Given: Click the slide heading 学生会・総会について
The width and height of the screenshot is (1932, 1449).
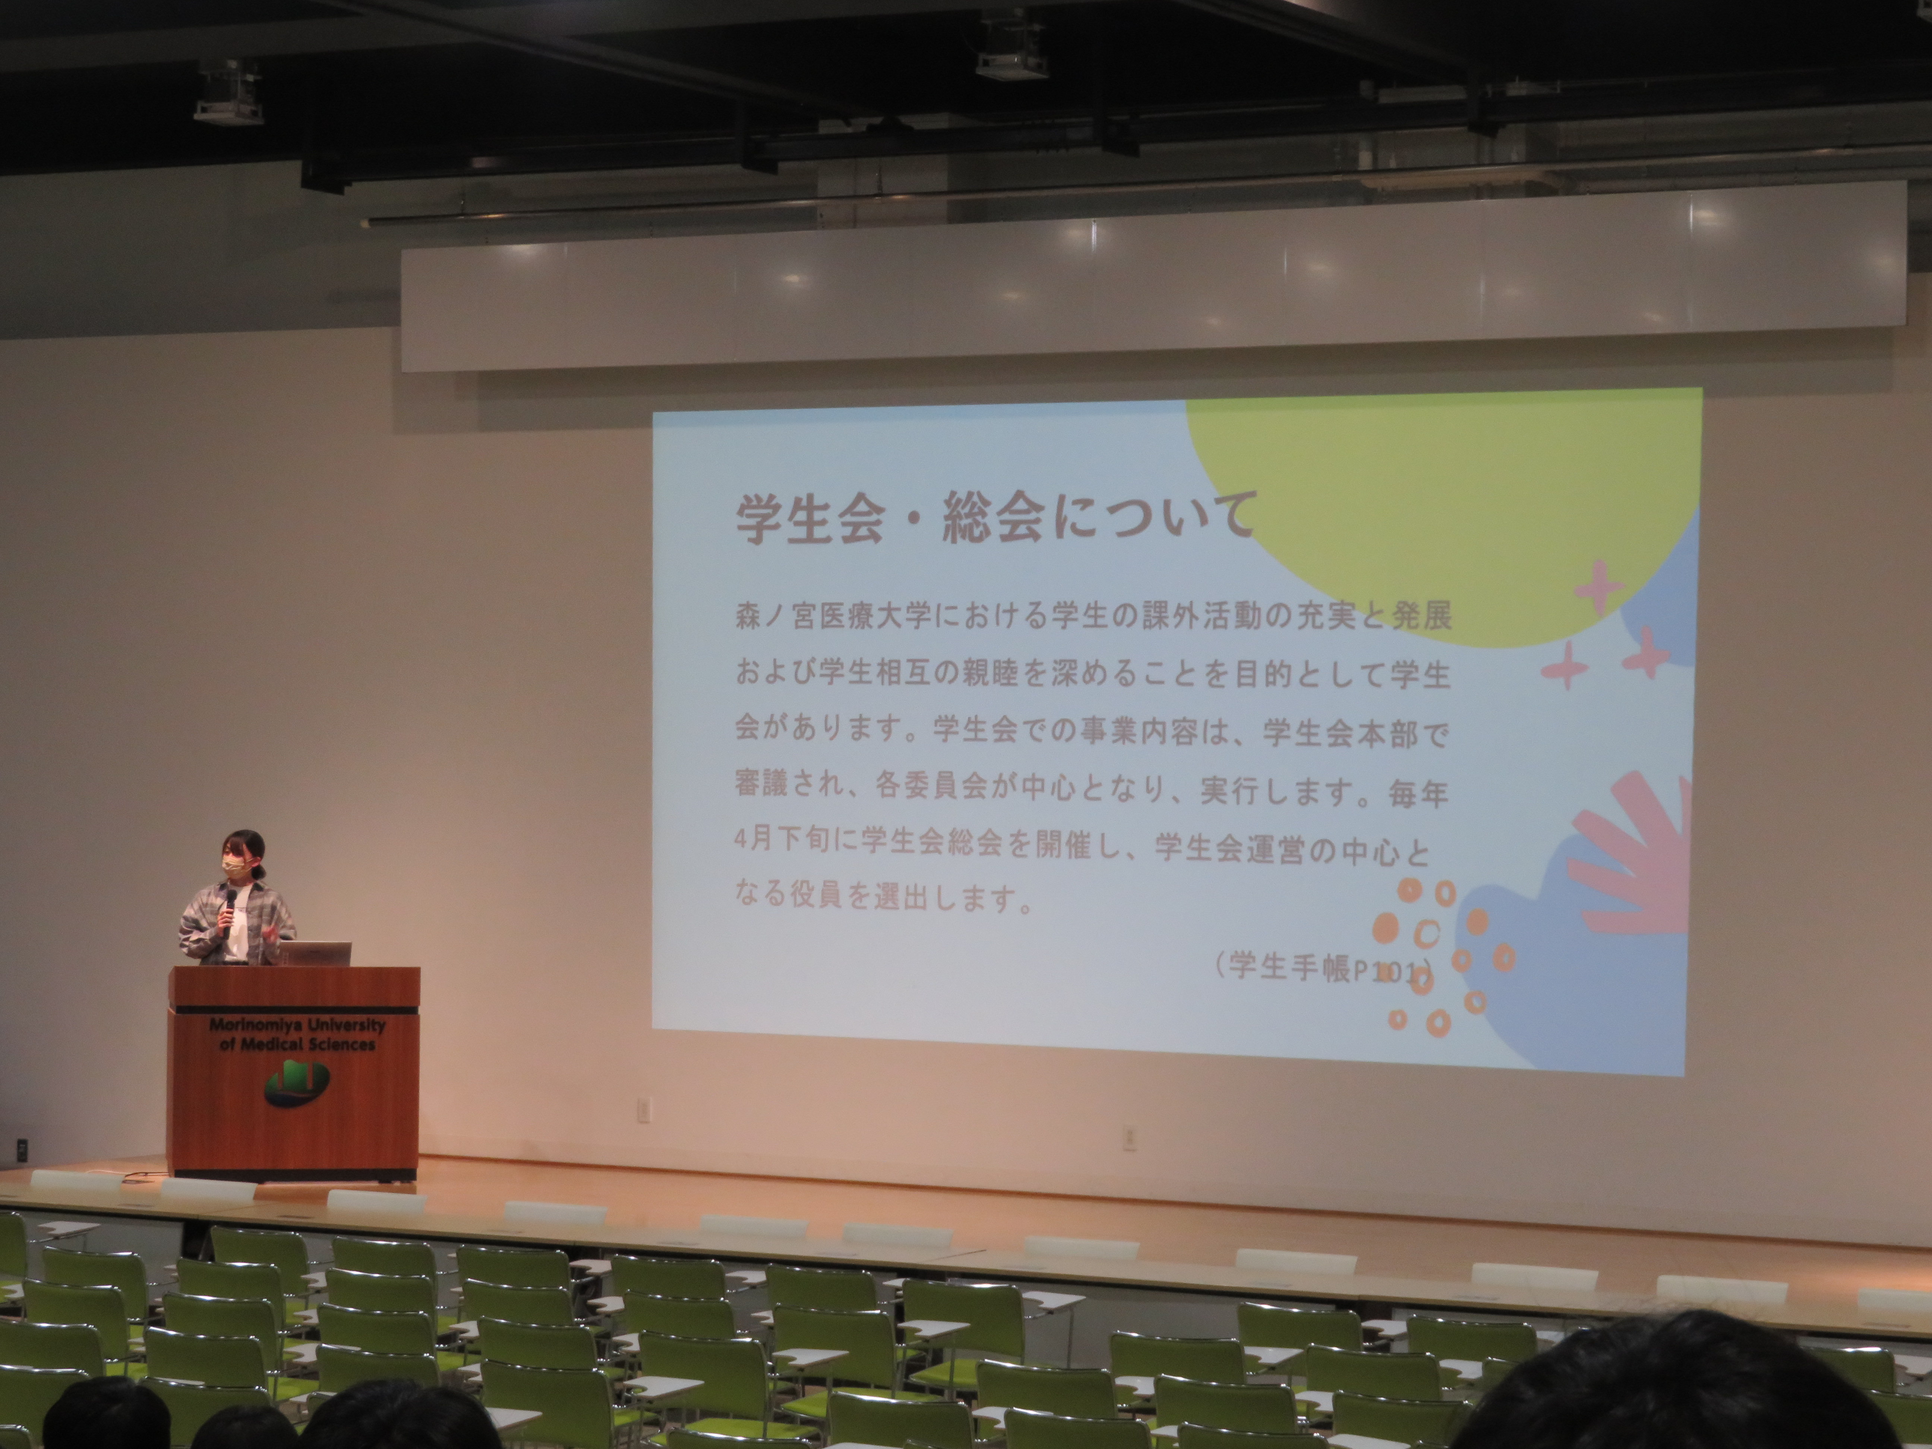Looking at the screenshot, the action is [996, 519].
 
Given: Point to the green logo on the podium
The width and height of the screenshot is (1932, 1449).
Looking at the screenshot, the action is [297, 1083].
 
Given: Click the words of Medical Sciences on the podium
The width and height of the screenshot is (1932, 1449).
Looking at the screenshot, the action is [297, 1044].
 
